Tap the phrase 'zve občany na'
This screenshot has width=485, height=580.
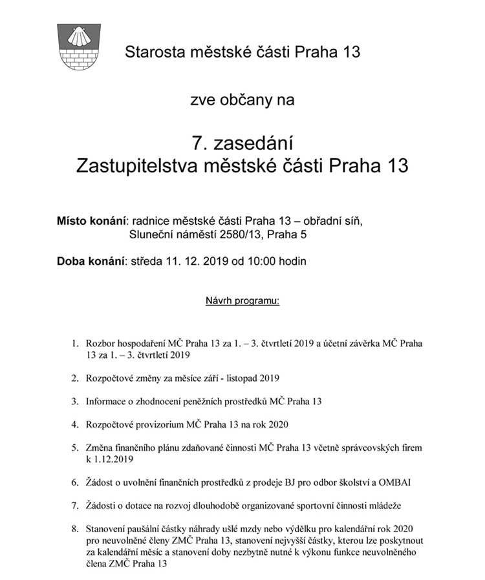coord(242,100)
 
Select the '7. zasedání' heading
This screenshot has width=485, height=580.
coord(242,140)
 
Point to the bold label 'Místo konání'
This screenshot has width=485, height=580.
coord(91,221)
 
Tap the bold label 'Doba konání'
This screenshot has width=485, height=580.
coord(91,262)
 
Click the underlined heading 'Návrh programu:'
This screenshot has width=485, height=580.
coord(242,300)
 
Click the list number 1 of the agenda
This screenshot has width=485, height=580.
coord(74,344)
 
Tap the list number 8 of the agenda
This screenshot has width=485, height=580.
coord(74,528)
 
